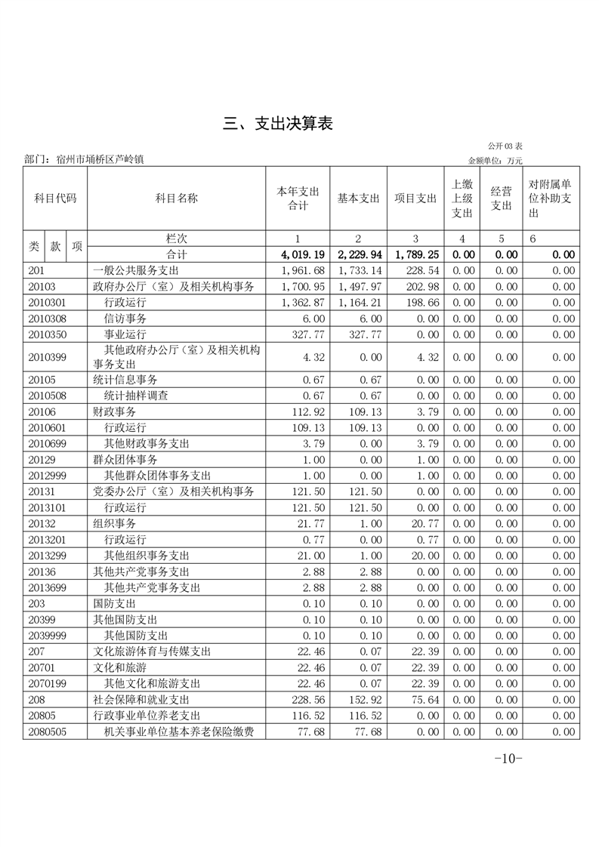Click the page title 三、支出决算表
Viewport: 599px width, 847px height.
tap(278, 125)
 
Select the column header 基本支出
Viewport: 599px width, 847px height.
tap(358, 199)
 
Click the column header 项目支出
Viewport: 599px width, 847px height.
tap(415, 199)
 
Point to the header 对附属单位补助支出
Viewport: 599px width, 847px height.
tap(550, 199)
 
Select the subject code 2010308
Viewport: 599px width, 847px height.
tap(47, 319)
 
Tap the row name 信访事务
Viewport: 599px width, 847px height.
tap(125, 319)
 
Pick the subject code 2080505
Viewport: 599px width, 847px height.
tap(47, 731)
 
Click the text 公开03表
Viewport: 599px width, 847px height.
tap(505, 145)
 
